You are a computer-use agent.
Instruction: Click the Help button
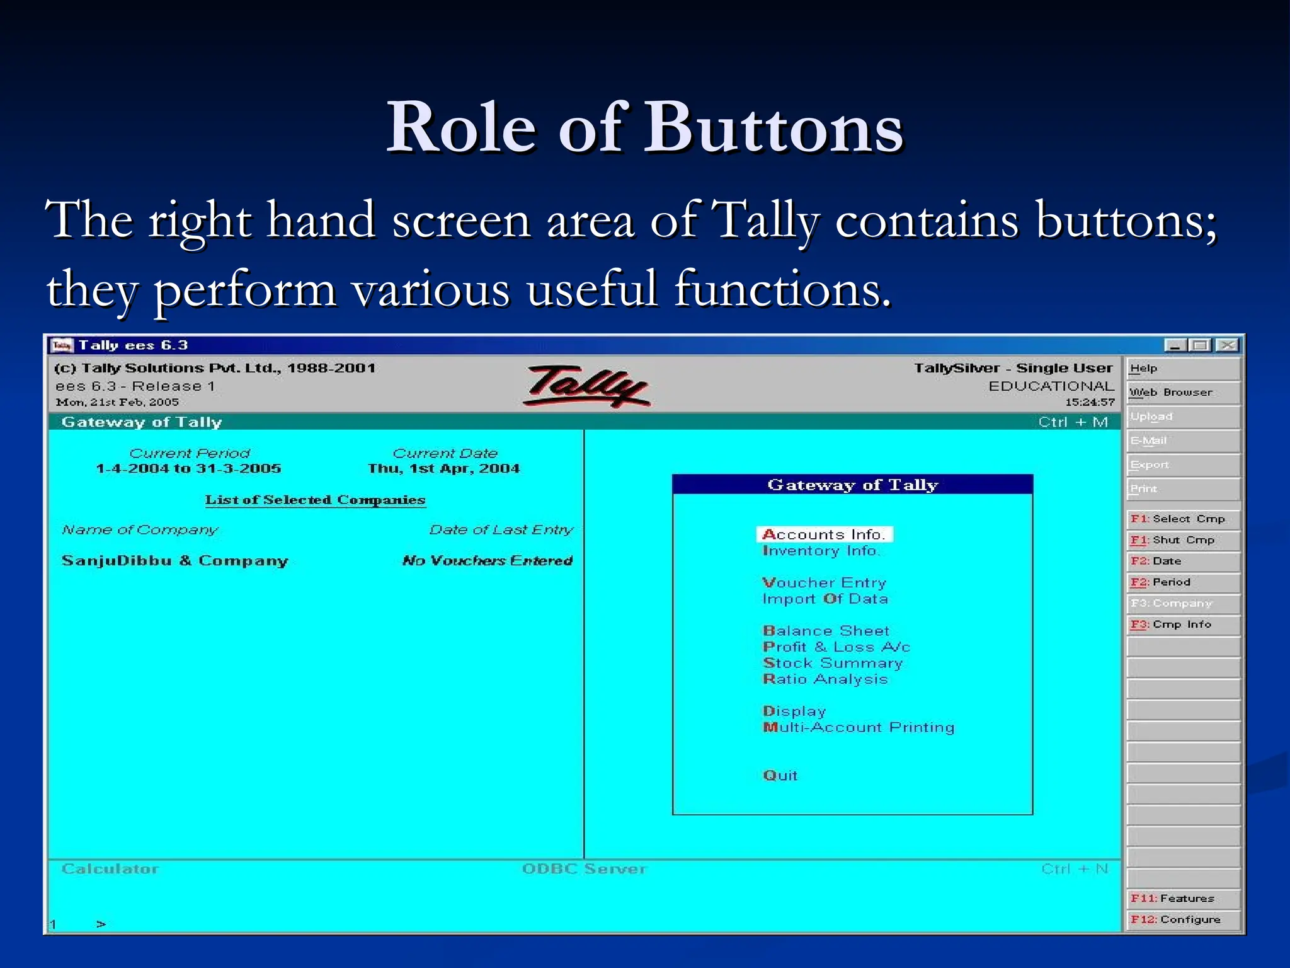click(1182, 369)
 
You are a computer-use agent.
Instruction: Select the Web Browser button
click(1182, 392)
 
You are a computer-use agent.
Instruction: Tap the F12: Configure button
click(1182, 919)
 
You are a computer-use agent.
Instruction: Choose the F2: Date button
click(1182, 561)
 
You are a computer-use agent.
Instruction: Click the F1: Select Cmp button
click(1182, 519)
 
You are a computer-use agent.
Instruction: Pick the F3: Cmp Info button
click(1182, 625)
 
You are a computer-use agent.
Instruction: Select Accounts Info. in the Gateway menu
click(824, 534)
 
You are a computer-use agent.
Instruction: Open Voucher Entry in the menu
click(824, 582)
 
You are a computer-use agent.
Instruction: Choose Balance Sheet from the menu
click(826, 631)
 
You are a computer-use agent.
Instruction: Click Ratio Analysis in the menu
click(825, 679)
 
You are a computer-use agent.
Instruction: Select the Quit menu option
click(780, 775)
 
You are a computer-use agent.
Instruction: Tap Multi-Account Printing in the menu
click(859, 727)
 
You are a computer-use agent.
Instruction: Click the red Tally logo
click(586, 385)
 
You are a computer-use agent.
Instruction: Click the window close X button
click(1226, 345)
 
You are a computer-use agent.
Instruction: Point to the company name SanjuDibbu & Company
click(174, 561)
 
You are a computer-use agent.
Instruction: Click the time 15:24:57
click(1090, 402)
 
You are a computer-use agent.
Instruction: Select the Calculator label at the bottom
click(110, 869)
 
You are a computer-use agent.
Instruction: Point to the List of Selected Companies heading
click(315, 500)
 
